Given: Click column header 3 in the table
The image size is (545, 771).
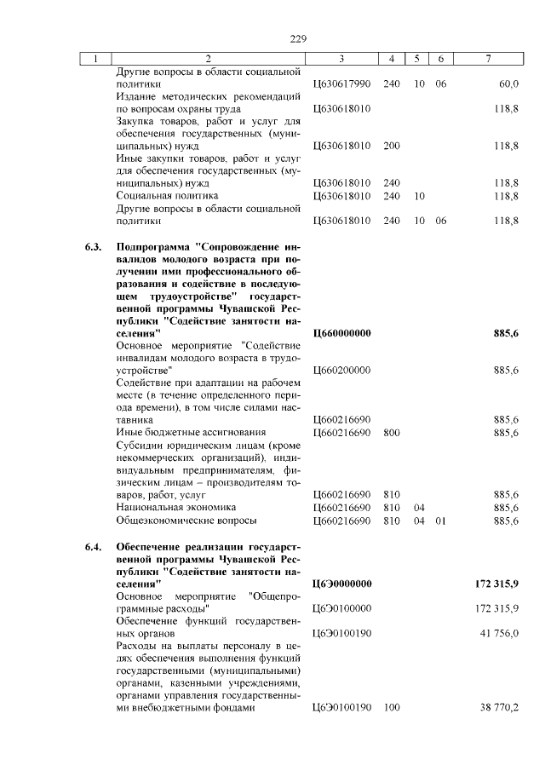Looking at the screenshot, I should [x=341, y=59].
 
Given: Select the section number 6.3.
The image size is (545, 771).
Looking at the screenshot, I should [x=93, y=247].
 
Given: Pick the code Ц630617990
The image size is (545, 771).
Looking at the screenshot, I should [x=342, y=84].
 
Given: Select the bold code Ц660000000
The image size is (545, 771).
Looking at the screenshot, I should [x=342, y=333].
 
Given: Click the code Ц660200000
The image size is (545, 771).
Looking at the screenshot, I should [x=342, y=371].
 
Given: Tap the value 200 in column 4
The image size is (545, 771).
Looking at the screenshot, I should [x=392, y=146].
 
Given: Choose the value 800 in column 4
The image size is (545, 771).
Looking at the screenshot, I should [x=392, y=433].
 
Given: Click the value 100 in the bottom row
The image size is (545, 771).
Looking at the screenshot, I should [x=392, y=707].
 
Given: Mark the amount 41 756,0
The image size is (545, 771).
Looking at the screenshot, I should [x=495, y=634].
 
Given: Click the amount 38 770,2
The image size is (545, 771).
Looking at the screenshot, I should [x=495, y=707].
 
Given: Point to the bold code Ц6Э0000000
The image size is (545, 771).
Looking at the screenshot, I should [x=342, y=584].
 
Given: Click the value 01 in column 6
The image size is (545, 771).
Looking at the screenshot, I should [x=439, y=520].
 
